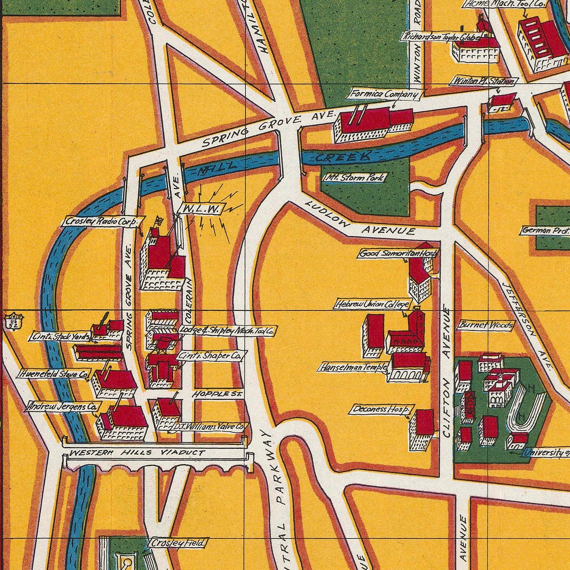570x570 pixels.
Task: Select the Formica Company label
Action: click(385, 94)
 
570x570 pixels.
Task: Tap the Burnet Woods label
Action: click(486, 325)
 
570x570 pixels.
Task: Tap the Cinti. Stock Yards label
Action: click(61, 337)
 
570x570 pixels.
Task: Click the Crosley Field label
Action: click(177, 543)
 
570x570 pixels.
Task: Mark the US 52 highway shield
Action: click(14, 321)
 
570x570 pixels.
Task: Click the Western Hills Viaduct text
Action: click(137, 453)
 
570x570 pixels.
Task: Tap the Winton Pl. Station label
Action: click(483, 81)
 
